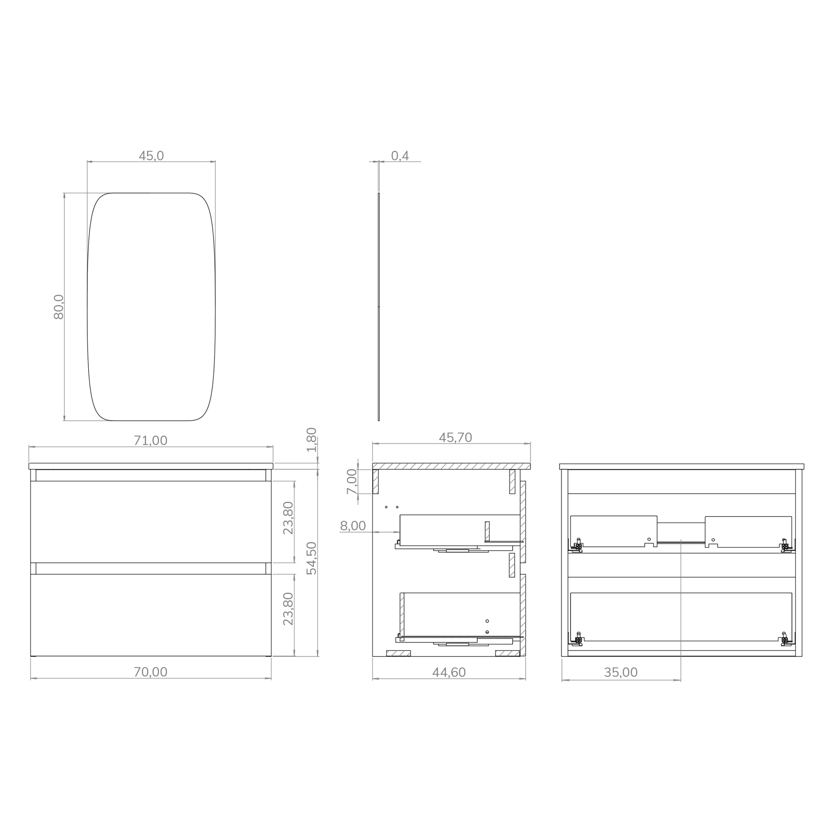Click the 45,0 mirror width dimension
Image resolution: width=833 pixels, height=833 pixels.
point(151,156)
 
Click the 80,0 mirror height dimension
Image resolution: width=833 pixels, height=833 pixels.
point(59,307)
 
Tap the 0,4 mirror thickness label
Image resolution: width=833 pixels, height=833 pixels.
point(400,156)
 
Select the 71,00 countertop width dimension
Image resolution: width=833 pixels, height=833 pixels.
point(150,440)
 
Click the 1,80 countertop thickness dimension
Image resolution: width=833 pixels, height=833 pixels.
point(311,439)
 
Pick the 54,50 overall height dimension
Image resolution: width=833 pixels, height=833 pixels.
point(311,558)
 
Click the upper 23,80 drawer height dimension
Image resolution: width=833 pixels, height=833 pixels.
point(288,518)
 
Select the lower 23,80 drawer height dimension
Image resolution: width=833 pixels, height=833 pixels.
point(288,609)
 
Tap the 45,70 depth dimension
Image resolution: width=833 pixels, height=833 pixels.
point(455,438)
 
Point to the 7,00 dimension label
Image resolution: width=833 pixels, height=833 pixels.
point(352,482)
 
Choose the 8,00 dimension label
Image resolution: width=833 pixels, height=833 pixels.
point(353,526)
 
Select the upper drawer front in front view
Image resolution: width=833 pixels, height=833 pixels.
point(151,522)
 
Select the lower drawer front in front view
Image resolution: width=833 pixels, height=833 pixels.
point(151,615)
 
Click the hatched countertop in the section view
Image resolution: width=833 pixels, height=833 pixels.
point(451,466)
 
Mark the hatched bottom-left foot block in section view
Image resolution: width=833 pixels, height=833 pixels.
point(398,653)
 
